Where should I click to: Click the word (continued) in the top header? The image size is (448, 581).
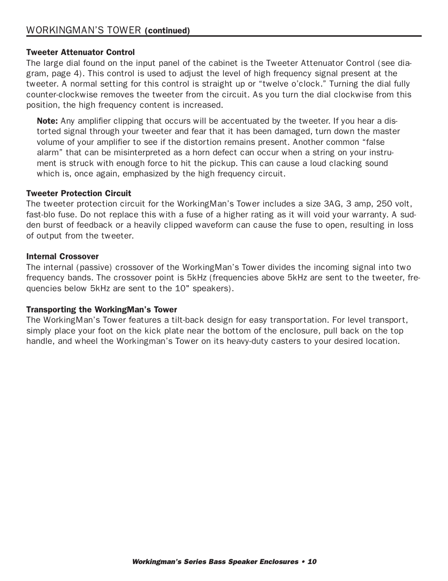(167, 31)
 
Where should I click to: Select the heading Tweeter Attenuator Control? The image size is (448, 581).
(80, 52)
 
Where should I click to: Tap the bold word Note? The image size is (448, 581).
(47, 121)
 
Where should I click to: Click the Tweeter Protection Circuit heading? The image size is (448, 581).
(78, 193)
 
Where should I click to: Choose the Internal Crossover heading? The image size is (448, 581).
(62, 256)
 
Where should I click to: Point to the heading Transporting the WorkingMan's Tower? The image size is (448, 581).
(101, 310)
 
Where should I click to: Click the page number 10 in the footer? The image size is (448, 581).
(312, 562)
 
